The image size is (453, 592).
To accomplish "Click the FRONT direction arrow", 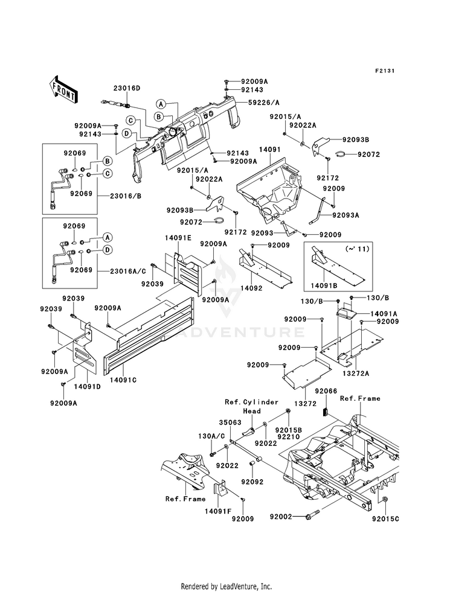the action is (63, 89).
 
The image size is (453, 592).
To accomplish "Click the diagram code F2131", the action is (385, 71).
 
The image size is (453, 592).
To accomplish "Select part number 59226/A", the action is (264, 103).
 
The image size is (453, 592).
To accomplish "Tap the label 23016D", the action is (127, 88).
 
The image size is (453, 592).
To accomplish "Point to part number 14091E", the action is (178, 238).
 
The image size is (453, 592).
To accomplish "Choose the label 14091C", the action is (123, 380).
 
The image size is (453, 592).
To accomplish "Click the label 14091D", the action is (87, 387).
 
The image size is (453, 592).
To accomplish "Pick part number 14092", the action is (251, 288).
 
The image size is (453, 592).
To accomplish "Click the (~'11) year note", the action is (357, 249).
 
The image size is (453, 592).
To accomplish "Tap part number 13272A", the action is (356, 374).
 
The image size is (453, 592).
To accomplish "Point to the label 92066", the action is (326, 391).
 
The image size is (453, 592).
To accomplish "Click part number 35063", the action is (230, 422).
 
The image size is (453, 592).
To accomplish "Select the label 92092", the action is (252, 482).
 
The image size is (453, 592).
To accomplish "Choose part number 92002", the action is (281, 516).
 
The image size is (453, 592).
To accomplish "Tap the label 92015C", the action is (385, 519).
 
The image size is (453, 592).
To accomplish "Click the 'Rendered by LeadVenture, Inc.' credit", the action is (226, 587).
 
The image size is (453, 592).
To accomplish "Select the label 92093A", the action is (345, 215).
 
